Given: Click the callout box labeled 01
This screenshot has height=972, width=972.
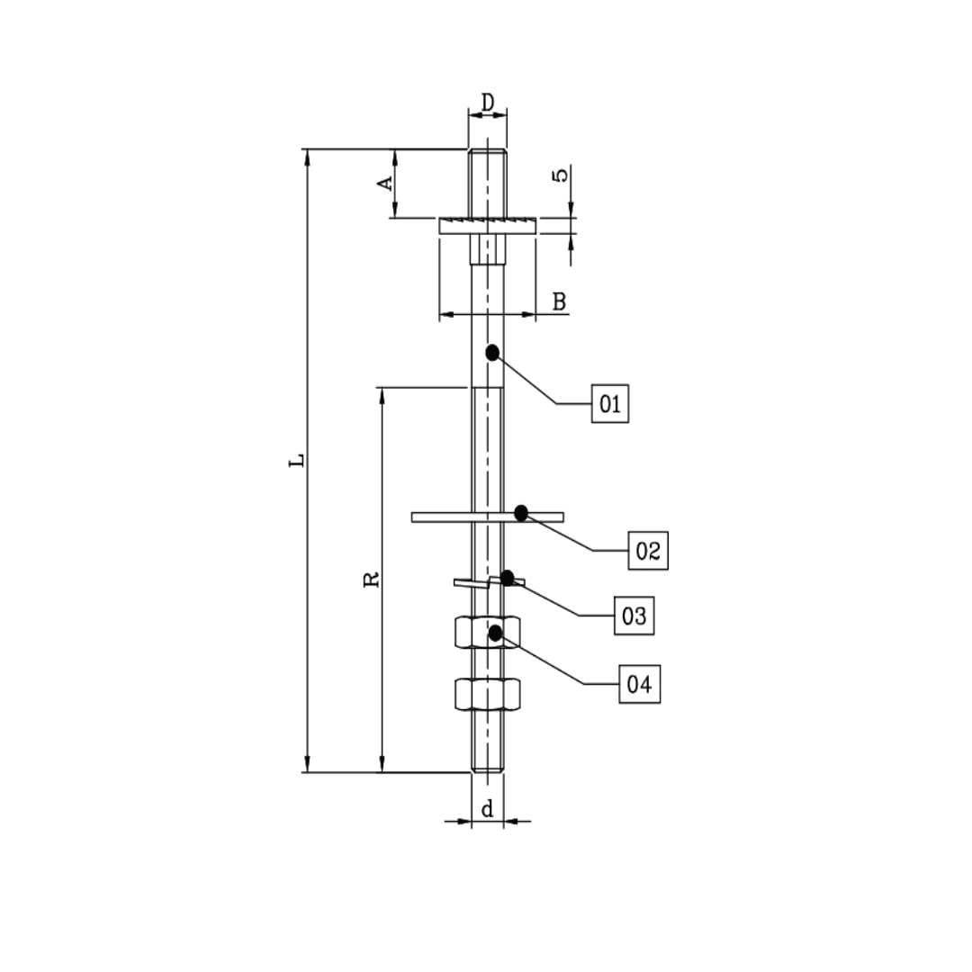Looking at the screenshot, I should tap(610, 403).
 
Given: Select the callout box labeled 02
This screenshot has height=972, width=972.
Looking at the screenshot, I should tap(648, 549).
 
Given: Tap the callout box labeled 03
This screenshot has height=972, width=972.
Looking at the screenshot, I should tap(634, 616).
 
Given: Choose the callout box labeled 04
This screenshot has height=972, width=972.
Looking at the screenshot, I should tap(638, 684).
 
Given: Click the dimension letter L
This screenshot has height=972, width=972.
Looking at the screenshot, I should tap(296, 461).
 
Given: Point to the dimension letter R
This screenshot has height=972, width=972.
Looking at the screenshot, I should tap(371, 579).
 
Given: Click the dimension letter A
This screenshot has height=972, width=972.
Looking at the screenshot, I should tap(384, 183).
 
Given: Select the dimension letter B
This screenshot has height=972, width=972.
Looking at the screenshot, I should tap(559, 301).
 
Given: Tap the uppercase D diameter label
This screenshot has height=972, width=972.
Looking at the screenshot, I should tap(487, 103).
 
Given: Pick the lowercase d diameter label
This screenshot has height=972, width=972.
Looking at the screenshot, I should tap(487, 810).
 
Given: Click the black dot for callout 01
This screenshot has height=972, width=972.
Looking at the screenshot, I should tap(492, 353).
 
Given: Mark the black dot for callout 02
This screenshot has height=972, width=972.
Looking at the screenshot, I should tap(521, 513).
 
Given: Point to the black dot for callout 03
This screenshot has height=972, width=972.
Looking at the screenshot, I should tap(508, 577).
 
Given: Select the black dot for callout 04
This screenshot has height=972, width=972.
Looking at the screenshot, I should tap(495, 634).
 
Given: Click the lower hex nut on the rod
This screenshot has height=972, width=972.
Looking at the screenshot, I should tap(487, 694).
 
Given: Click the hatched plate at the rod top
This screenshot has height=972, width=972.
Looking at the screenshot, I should tap(487, 225).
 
